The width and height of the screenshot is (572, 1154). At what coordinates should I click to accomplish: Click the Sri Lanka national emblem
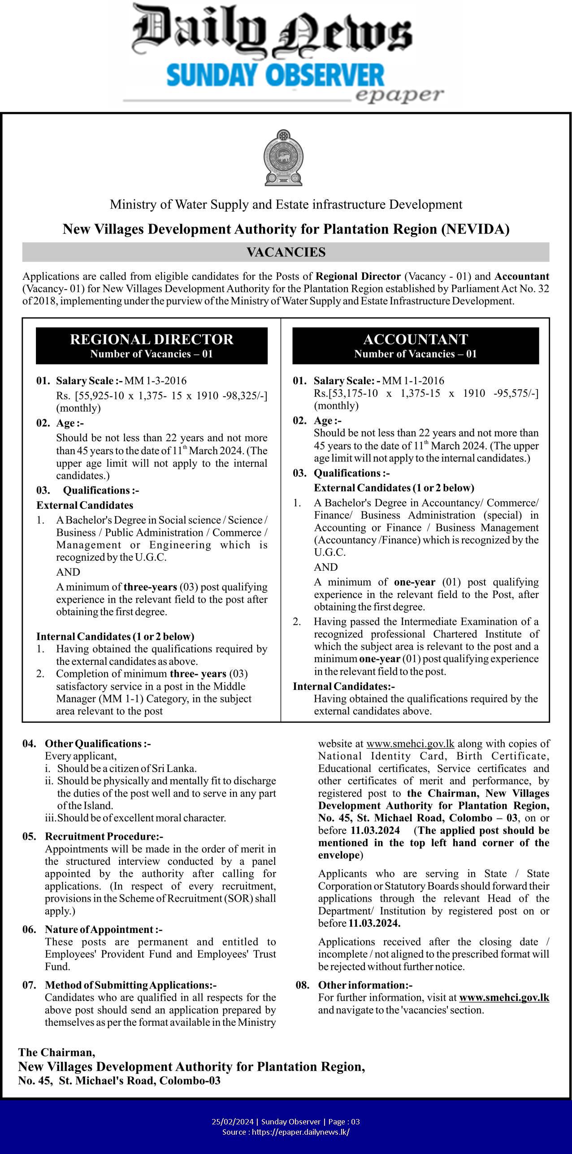(283, 157)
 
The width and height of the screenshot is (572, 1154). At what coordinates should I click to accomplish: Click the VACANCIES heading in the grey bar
(286, 252)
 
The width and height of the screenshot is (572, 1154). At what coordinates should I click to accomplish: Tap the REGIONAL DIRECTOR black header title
(152, 339)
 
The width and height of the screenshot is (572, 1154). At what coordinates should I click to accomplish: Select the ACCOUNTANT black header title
(416, 339)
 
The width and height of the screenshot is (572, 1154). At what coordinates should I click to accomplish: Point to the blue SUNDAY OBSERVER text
(275, 76)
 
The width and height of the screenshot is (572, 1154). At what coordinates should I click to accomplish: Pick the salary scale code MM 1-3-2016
(155, 381)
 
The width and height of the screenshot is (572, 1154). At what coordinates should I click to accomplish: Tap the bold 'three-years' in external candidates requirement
(150, 587)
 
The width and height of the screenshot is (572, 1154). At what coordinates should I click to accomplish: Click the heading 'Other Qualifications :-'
(98, 744)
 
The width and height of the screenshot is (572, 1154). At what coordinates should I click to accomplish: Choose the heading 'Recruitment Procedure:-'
(104, 837)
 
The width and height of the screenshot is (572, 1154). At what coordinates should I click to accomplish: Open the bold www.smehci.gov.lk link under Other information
(504, 998)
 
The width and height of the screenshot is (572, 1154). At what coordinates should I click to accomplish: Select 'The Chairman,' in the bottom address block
(57, 1052)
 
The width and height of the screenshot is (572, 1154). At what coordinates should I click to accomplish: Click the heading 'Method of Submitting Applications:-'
(130, 985)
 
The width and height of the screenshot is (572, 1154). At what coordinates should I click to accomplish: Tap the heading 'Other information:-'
(365, 985)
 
